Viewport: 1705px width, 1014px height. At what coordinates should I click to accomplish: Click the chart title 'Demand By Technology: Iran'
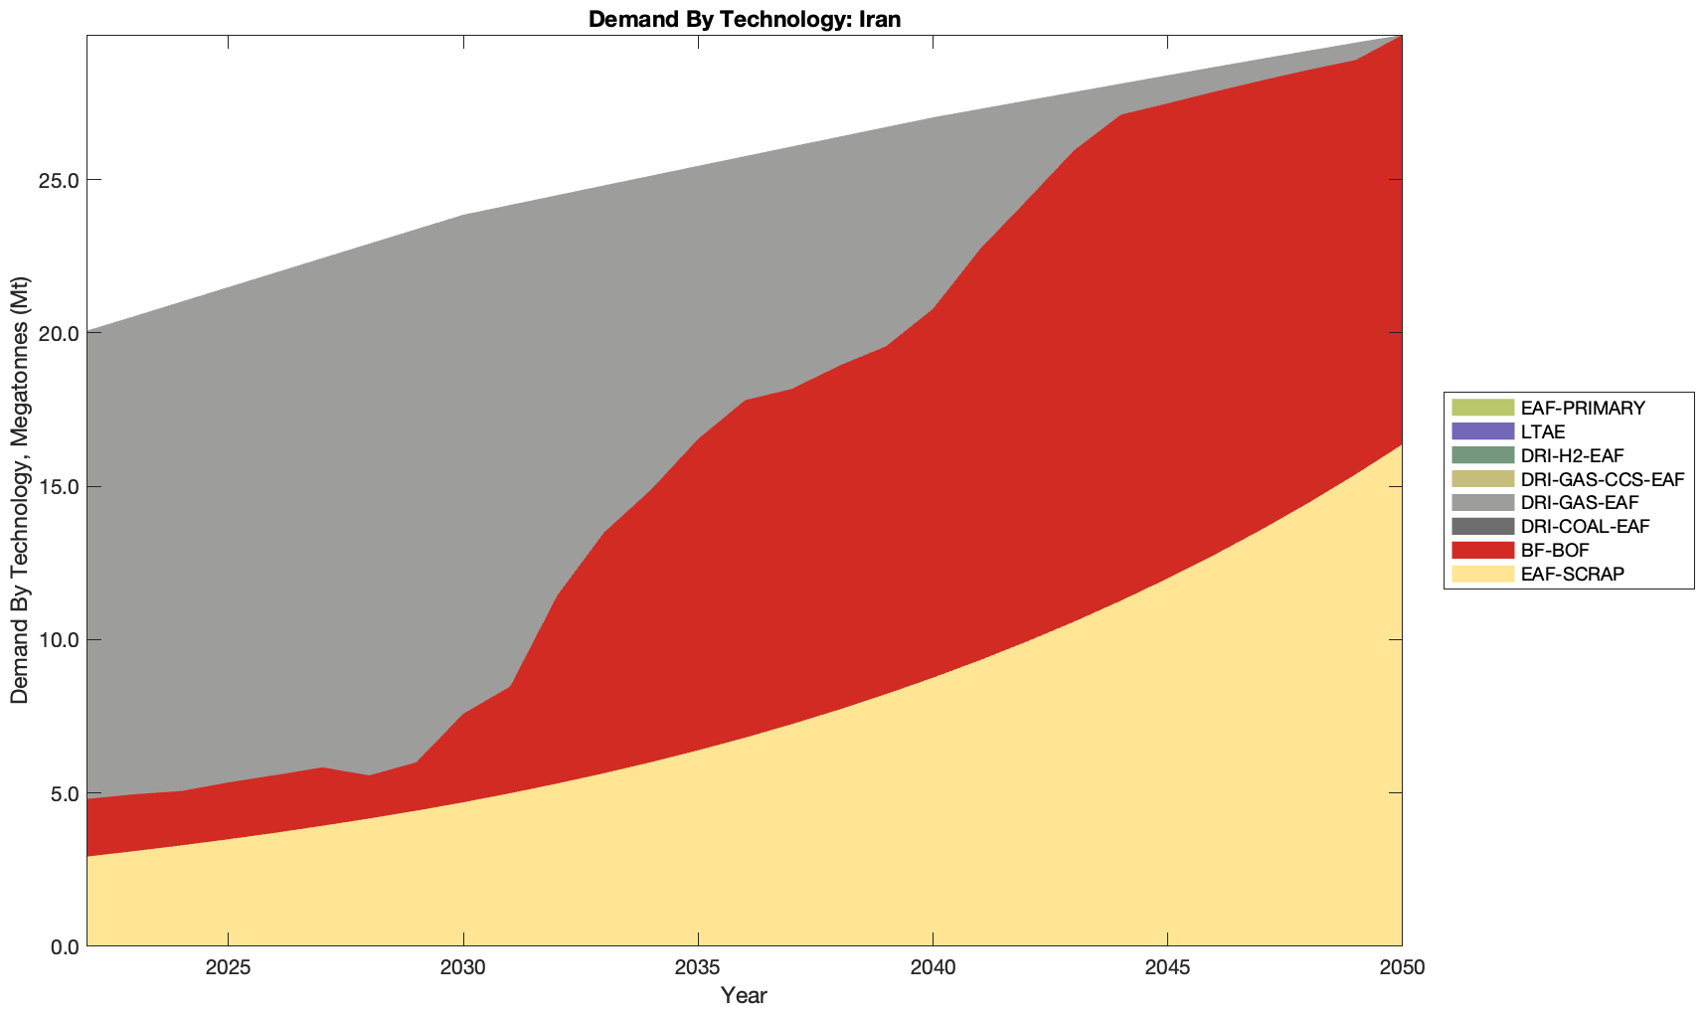(x=744, y=18)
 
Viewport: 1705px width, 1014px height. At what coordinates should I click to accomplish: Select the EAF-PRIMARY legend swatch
(x=1481, y=408)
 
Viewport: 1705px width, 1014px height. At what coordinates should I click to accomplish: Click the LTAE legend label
(x=1543, y=431)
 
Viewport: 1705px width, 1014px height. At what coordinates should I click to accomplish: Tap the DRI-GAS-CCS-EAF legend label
(x=1602, y=479)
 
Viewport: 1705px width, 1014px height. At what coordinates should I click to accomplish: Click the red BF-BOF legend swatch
(x=1481, y=550)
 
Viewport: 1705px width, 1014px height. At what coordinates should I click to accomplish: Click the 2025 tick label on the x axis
(x=228, y=969)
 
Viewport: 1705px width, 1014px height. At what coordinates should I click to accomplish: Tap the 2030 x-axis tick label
(x=463, y=969)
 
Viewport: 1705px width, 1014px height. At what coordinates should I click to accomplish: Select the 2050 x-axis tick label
(x=1402, y=969)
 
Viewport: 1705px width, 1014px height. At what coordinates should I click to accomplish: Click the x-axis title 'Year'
(x=744, y=995)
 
